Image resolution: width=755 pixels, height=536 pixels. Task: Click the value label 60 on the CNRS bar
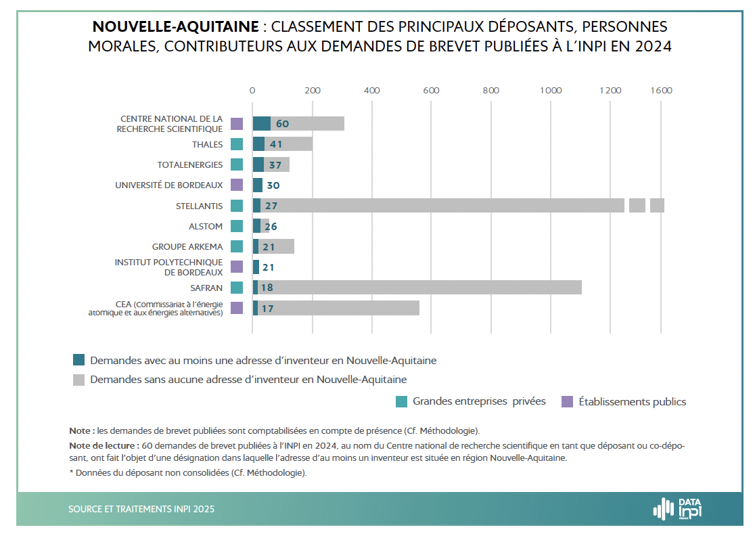click(282, 124)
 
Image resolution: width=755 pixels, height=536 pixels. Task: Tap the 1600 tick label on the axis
click(661, 91)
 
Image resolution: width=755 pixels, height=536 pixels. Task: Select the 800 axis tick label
click(490, 91)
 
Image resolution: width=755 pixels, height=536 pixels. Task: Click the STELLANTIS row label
click(200, 206)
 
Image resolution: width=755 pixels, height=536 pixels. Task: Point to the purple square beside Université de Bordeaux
click(237, 185)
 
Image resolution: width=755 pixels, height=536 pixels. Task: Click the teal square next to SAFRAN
click(237, 288)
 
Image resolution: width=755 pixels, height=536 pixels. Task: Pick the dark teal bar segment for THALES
click(258, 144)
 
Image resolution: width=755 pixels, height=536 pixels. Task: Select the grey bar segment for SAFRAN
click(419, 288)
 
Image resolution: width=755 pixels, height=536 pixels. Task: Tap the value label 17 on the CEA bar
click(267, 309)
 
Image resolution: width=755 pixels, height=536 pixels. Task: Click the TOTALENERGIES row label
click(190, 165)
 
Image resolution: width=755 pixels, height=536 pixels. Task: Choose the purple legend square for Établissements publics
click(568, 401)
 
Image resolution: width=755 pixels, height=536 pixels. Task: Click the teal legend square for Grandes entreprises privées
click(401, 401)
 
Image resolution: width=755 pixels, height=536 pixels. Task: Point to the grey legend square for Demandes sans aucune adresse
click(78, 380)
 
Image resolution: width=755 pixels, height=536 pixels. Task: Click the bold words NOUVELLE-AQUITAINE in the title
click(175, 27)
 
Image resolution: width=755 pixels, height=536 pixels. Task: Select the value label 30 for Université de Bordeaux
click(273, 185)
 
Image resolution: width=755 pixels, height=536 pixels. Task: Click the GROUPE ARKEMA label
click(187, 247)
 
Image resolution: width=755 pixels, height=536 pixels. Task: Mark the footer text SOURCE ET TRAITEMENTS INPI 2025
click(141, 510)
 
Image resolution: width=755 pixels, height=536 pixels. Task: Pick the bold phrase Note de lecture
click(104, 446)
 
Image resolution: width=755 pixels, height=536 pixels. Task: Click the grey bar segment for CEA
click(338, 309)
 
